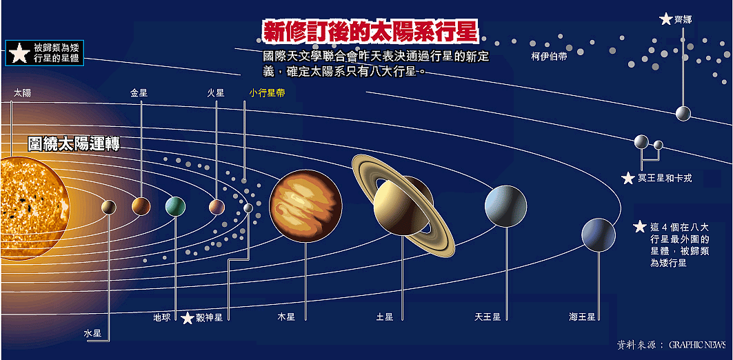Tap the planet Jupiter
(x=305, y=205)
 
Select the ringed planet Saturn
(x=403, y=205)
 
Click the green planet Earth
(x=176, y=206)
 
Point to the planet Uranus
(x=505, y=206)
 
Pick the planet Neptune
(x=598, y=235)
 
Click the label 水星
(x=92, y=333)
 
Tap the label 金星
(x=139, y=92)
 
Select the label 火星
(x=216, y=92)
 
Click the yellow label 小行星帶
(x=268, y=92)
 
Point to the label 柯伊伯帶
(x=549, y=57)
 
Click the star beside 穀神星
(x=188, y=318)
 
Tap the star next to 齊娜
(x=665, y=19)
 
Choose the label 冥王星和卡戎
(x=665, y=179)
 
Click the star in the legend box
(x=19, y=53)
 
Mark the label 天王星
(x=487, y=317)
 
